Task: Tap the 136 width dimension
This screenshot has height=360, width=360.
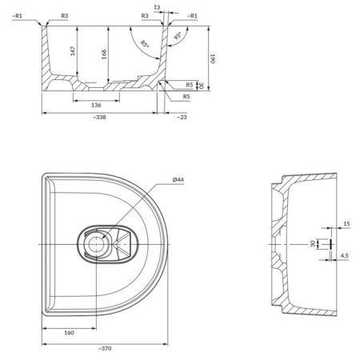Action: tap(95, 105)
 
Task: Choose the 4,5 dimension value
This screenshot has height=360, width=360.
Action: tap(344, 257)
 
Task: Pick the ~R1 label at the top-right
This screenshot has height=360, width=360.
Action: tap(193, 15)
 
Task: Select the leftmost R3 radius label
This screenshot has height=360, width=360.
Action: tap(64, 15)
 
